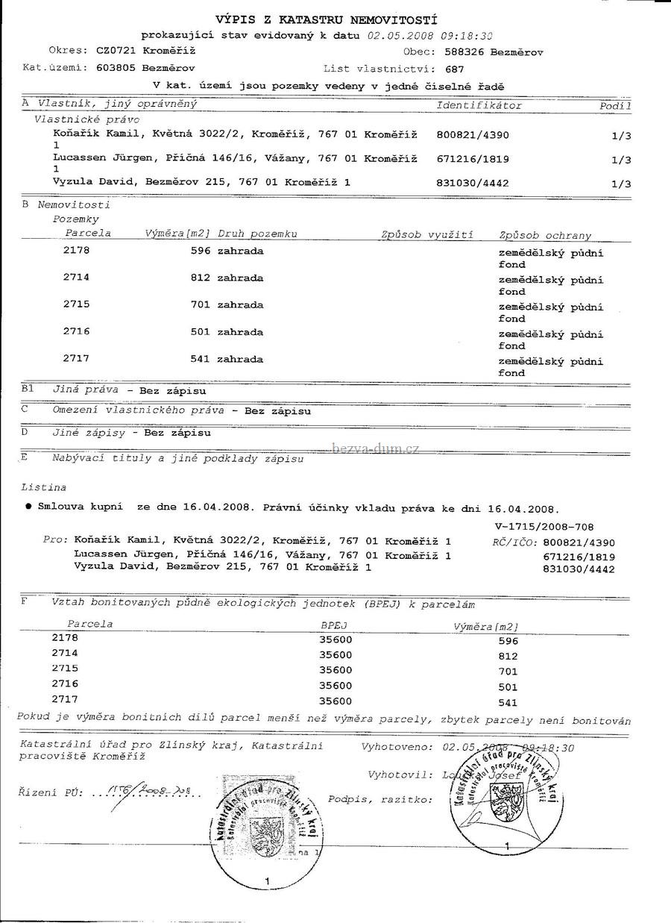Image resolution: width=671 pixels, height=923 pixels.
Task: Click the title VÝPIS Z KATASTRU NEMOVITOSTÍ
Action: [326, 20]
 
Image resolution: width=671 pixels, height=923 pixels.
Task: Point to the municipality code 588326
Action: [465, 52]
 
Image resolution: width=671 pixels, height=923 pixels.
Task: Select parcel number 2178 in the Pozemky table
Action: [77, 251]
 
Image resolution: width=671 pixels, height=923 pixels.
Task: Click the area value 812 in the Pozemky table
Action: [201, 278]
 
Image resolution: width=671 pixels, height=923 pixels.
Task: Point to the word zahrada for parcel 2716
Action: [240, 332]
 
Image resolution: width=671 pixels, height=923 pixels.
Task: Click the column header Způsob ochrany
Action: [545, 236]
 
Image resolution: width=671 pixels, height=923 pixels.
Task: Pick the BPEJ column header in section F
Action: [335, 625]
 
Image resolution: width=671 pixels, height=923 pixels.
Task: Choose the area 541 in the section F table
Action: [507, 703]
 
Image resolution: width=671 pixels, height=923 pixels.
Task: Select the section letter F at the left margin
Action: [25, 601]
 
